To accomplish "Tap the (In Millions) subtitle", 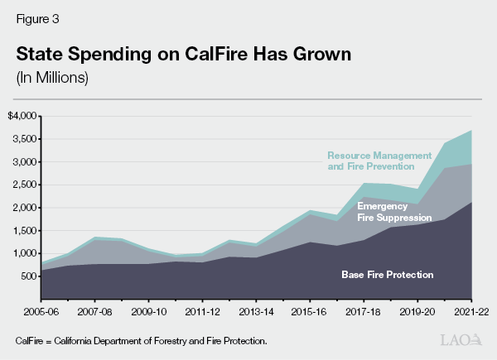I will (x=51, y=79).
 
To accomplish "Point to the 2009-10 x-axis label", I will (x=149, y=313).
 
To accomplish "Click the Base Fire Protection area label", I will (x=388, y=274).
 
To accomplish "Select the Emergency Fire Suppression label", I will (x=394, y=212).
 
